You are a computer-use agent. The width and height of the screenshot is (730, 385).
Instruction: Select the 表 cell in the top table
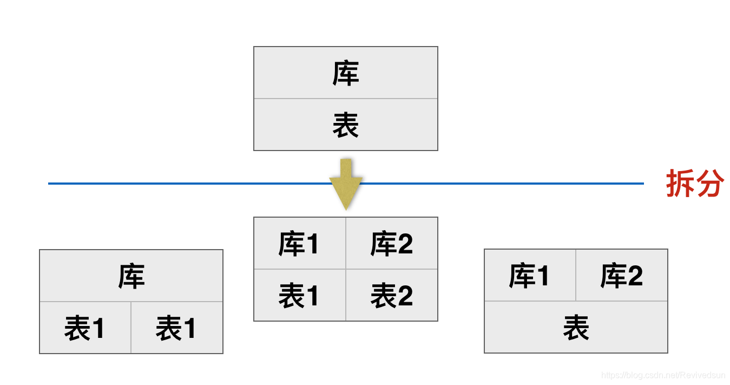(345, 125)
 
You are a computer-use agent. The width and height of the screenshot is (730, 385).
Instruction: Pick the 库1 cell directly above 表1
(299, 243)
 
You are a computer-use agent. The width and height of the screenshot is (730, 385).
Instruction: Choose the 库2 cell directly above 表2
(391, 243)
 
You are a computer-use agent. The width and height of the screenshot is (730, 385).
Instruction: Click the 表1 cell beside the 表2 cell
(299, 295)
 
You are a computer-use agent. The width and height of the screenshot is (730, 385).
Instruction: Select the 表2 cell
(391, 295)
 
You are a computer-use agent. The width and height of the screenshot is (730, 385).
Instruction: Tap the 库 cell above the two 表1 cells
(131, 276)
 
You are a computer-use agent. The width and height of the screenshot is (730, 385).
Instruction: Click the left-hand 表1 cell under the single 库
(85, 328)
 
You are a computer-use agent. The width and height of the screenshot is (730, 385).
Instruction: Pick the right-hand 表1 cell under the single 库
(176, 328)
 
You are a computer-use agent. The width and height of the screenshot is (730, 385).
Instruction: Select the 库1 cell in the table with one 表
(530, 275)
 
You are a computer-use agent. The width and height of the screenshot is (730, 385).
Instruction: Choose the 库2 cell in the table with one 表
(622, 275)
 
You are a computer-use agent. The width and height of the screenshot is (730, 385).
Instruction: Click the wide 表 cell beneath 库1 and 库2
(576, 327)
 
